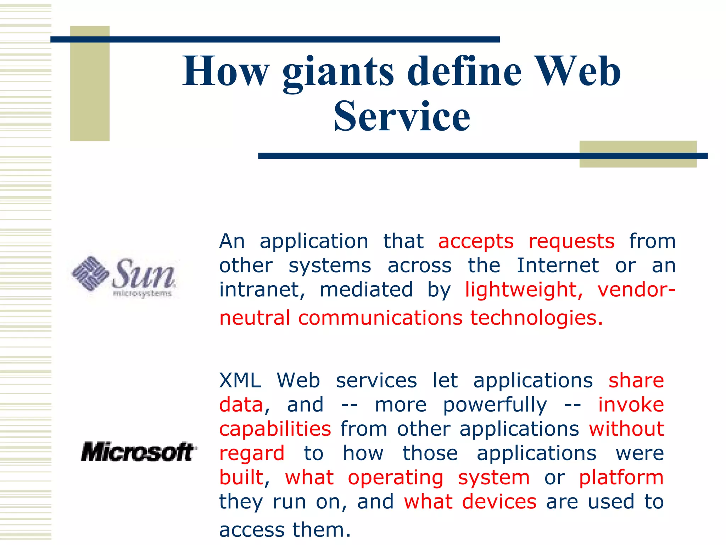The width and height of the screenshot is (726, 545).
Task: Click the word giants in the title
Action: click(x=338, y=73)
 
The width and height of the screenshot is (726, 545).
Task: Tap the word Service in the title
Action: click(x=402, y=116)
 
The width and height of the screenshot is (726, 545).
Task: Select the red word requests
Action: click(x=571, y=242)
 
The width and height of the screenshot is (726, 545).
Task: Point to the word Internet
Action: click(x=558, y=266)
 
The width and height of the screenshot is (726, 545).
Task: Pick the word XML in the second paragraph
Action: click(x=240, y=381)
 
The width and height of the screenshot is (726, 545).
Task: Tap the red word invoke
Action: click(x=631, y=405)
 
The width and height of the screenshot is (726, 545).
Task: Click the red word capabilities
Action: click(x=275, y=429)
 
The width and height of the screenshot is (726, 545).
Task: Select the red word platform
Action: click(x=621, y=478)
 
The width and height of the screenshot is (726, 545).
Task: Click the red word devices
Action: click(x=499, y=502)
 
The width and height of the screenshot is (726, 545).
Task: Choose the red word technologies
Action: click(x=536, y=318)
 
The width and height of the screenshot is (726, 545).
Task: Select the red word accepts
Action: click(x=476, y=242)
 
